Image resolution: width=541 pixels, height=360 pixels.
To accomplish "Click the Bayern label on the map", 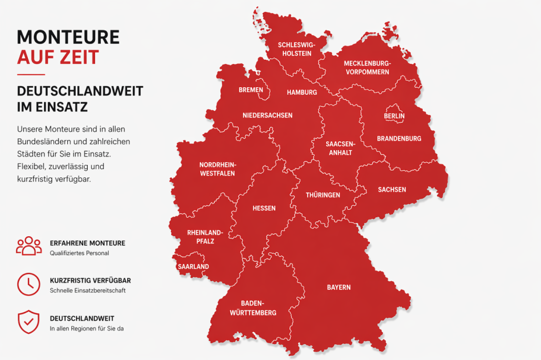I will pyautogui.click(x=338, y=288).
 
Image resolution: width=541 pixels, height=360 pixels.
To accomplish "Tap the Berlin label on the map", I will pyautogui.click(x=394, y=116).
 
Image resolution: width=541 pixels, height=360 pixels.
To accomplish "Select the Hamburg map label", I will pyautogui.click(x=301, y=92).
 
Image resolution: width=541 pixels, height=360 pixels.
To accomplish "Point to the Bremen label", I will pyautogui.click(x=251, y=90).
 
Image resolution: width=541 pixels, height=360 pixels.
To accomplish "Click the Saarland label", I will pyautogui.click(x=193, y=267).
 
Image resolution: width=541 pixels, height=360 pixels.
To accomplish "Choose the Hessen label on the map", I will pyautogui.click(x=264, y=208).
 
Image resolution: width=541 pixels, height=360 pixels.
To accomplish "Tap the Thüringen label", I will pyautogui.click(x=323, y=195).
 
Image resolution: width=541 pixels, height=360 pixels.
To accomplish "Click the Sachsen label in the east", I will pyautogui.click(x=392, y=189).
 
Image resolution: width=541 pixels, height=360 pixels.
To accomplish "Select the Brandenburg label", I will pyautogui.click(x=399, y=139).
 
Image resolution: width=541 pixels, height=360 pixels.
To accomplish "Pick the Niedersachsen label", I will pyautogui.click(x=267, y=115).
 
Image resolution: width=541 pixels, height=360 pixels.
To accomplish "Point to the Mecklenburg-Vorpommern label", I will pyautogui.click(x=367, y=68).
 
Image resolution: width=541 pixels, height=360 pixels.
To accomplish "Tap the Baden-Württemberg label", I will pyautogui.click(x=253, y=308).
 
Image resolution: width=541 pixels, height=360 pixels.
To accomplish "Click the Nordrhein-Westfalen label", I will pyautogui.click(x=217, y=169).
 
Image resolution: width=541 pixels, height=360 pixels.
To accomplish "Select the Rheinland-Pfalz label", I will pyautogui.click(x=205, y=237).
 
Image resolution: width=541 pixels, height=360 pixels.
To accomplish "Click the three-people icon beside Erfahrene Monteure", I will pyautogui.click(x=28, y=246).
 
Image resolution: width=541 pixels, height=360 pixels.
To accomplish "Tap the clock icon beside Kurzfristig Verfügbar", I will pyautogui.click(x=28, y=284).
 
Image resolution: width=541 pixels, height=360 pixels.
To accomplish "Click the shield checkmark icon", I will pyautogui.click(x=28, y=322).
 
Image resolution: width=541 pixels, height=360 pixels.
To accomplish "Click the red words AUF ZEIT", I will pyautogui.click(x=58, y=57).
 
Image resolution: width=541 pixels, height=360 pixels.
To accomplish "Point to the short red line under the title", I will pyautogui.click(x=31, y=75).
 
